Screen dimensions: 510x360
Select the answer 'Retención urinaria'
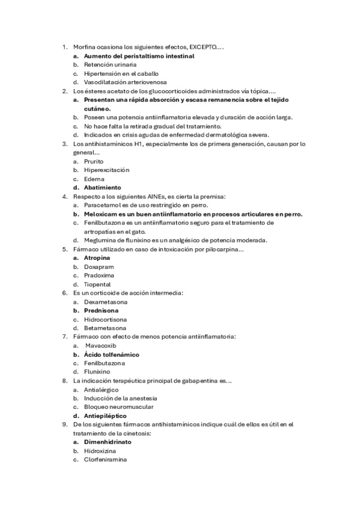pyautogui.click(x=110, y=64)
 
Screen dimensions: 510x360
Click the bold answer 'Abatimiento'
pyautogui.click(x=102, y=188)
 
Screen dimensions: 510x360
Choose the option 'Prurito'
pyautogui.click(x=94, y=161)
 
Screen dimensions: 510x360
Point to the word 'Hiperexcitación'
pyautogui.click(x=106, y=170)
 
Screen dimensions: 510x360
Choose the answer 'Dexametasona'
pyautogui.click(x=105, y=302)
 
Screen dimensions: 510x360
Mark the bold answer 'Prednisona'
pyautogui.click(x=101, y=310)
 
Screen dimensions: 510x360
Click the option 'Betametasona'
pyautogui.click(x=105, y=328)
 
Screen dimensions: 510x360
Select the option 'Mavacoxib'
pyautogui.click(x=100, y=346)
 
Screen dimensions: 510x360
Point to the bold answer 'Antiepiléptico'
pyautogui.click(x=105, y=416)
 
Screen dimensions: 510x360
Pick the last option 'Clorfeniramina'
pyautogui.click(x=109, y=459)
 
